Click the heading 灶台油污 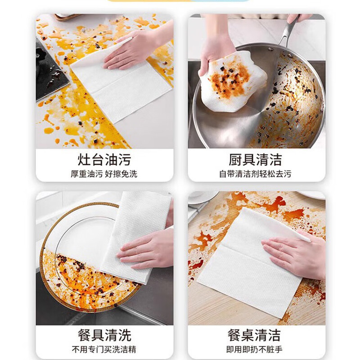click(104, 160)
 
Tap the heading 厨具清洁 click(256, 160)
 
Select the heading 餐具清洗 click(104, 335)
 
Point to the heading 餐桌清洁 click(256, 335)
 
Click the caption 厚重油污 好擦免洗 click(104, 174)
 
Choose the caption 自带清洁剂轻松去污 click(256, 174)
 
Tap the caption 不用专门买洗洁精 click(104, 349)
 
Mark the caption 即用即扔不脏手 click(256, 349)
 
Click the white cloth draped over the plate click(135, 220)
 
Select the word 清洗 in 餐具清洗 click(118, 335)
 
